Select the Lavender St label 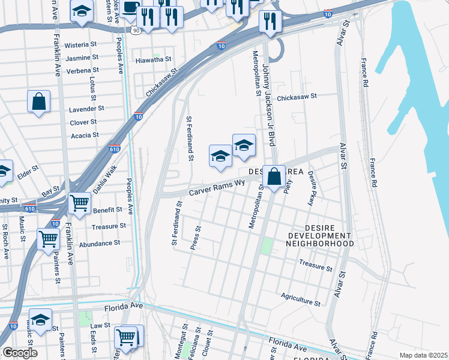coord(87,109)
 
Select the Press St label coord(195,238)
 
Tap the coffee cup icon coord(129,8)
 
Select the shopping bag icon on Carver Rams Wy coord(274,176)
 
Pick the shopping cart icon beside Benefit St coord(79,203)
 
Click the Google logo coord(19,353)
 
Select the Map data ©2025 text coord(423,355)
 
